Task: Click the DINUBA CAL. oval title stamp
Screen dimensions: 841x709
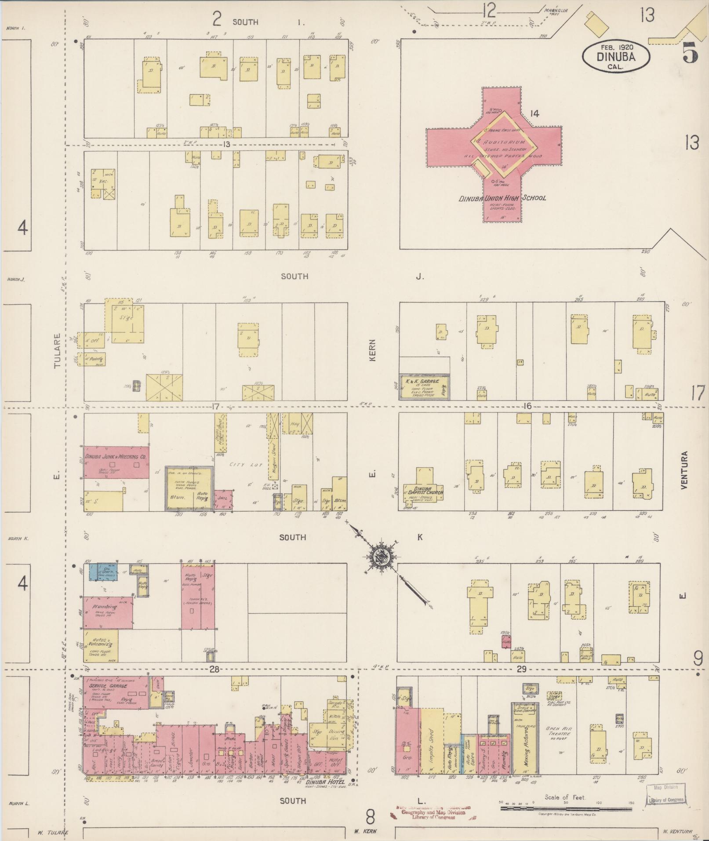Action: point(616,57)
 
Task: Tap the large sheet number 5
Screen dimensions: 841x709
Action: point(690,54)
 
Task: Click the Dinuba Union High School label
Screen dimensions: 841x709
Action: point(502,198)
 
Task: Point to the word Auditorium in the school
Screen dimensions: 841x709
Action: point(504,142)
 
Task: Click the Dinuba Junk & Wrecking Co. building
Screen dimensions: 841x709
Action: point(116,462)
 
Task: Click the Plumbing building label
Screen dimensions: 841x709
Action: point(105,607)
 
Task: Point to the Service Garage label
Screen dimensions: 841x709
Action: point(108,686)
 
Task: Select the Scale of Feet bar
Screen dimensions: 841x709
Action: point(567,808)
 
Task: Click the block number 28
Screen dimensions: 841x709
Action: point(214,669)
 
